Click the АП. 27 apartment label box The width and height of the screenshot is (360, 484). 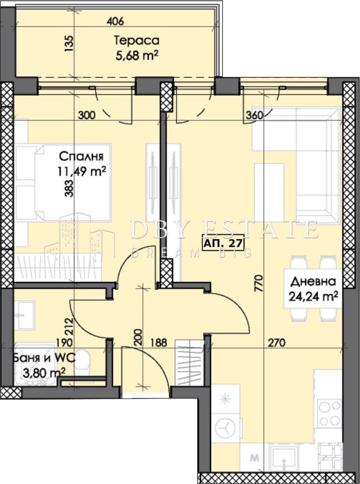(223, 243)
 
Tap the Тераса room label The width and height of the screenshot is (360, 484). (136, 41)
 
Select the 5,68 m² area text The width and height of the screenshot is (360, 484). (137, 56)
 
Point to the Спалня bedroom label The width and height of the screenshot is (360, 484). (81, 156)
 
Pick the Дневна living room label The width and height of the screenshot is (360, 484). (313, 282)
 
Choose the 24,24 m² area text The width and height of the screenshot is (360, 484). (313, 297)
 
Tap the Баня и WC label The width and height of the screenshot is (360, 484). (45, 358)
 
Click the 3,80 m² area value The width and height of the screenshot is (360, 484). (44, 373)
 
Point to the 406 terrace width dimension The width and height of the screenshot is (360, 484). (115, 21)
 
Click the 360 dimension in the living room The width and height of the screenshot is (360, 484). (255, 116)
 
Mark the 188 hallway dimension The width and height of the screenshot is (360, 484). (158, 343)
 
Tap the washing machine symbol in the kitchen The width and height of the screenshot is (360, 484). (225, 429)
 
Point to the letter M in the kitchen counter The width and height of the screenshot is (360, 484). (255, 458)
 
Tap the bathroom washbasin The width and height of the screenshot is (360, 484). (24, 315)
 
